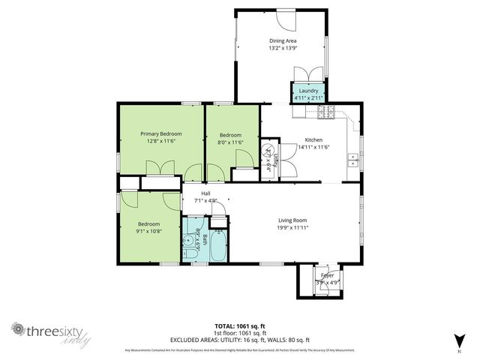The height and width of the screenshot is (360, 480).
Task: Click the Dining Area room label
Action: pos(283,40)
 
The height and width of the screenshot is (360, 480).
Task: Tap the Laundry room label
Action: pos(308,91)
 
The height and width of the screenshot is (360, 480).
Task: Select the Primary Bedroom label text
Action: pos(160,133)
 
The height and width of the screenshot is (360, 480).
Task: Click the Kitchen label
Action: pos(313,139)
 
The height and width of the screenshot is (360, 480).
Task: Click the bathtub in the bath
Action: pos(218,247)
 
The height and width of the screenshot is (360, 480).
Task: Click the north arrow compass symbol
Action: pos(458,340)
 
